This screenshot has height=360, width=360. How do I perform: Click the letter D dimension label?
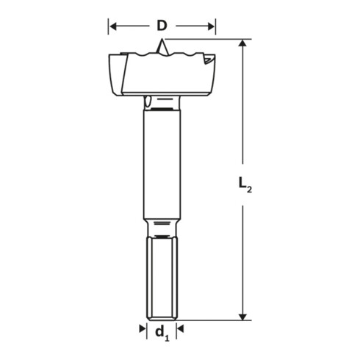(161, 26)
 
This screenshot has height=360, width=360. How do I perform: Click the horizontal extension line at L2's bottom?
(213, 320)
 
